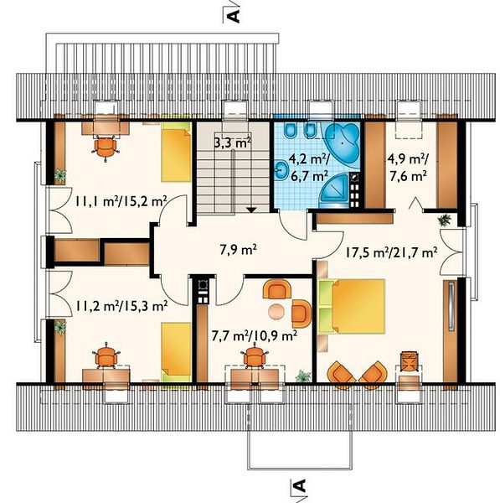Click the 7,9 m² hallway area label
238,250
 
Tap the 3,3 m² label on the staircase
232,143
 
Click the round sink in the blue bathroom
282,169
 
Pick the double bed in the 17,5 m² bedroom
352,306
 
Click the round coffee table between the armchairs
277,311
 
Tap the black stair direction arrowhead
252,210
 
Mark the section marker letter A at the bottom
301,485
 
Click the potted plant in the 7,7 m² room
303,376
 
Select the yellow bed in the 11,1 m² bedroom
176,152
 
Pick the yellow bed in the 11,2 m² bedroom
176,352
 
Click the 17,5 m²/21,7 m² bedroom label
391,253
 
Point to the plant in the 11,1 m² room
60,175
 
